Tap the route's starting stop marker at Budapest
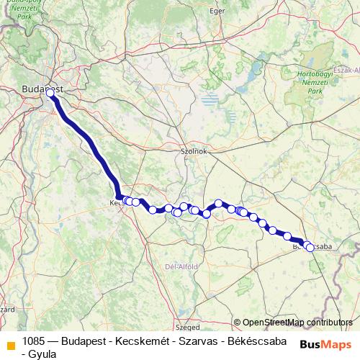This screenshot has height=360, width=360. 50,93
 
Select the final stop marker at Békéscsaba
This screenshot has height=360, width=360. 310,248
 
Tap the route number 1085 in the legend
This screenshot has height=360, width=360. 35,341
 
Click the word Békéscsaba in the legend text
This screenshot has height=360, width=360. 256,341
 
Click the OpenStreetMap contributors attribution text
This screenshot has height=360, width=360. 297,322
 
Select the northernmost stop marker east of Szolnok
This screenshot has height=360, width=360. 218,204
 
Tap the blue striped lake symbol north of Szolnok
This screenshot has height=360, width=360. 210,99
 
